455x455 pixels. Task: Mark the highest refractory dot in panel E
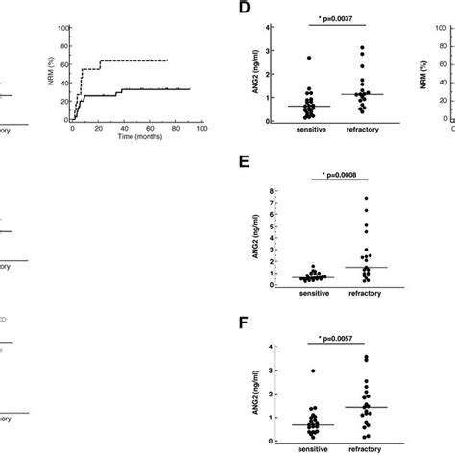[x=365, y=198]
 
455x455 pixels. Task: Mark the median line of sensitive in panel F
[x=308, y=424]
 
